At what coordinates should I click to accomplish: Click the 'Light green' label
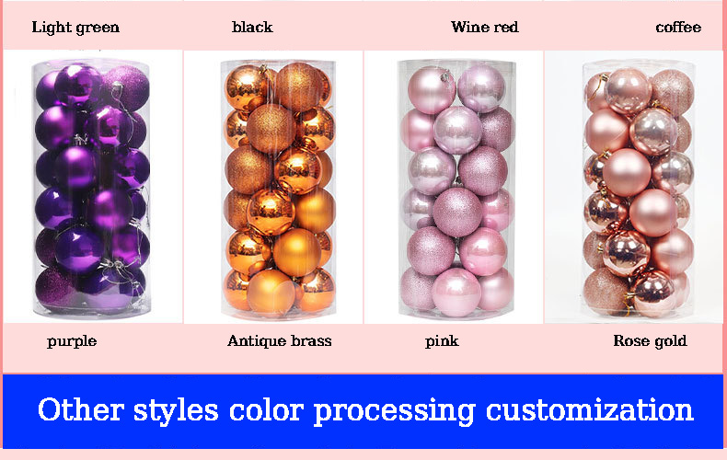coord(75,27)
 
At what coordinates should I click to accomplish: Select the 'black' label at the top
coord(252,27)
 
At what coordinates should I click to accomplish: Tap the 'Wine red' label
coord(484,27)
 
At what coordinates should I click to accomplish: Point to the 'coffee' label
coord(678,27)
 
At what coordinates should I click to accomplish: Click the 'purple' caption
coord(72,341)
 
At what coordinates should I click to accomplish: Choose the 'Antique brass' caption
coord(280,341)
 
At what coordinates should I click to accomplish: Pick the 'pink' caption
coord(442,341)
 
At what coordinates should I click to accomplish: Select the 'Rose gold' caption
coord(650,341)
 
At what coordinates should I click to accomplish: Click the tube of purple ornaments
coord(91,188)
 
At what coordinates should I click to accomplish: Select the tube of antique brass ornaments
coord(277,188)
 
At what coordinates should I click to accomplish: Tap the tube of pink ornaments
coord(456,190)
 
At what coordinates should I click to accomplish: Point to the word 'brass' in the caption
coord(308,341)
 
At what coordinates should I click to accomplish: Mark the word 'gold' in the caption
coord(671,341)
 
